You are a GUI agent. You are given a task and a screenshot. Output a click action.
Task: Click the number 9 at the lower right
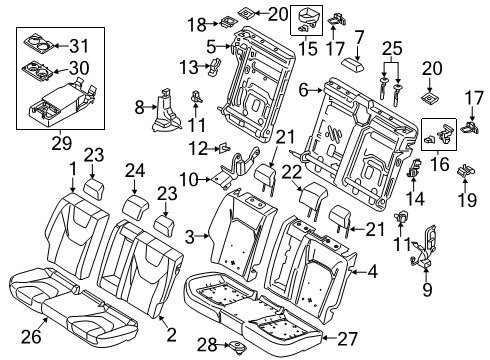(x=430, y=292)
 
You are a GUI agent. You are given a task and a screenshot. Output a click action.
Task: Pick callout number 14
(x=414, y=198)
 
